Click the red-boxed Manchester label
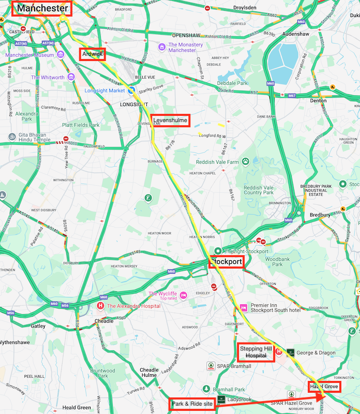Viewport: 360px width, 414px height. click(42, 8)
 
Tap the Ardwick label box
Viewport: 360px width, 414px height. click(93, 54)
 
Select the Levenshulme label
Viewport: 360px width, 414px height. click(170, 120)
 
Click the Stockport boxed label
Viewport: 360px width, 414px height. click(226, 262)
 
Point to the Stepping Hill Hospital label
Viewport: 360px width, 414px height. click(255, 352)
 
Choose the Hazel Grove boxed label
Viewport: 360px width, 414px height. click(324, 387)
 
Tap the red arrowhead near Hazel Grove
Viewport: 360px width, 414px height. click(321, 396)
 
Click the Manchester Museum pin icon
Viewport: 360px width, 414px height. click(61, 55)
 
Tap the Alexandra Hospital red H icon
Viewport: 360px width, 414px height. click(100, 306)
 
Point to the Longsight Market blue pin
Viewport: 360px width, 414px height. click(132, 90)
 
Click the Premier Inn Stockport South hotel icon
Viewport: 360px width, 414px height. click(243, 308)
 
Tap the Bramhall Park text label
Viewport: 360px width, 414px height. click(230, 389)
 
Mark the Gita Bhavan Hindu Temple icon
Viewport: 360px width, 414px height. click(11, 137)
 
